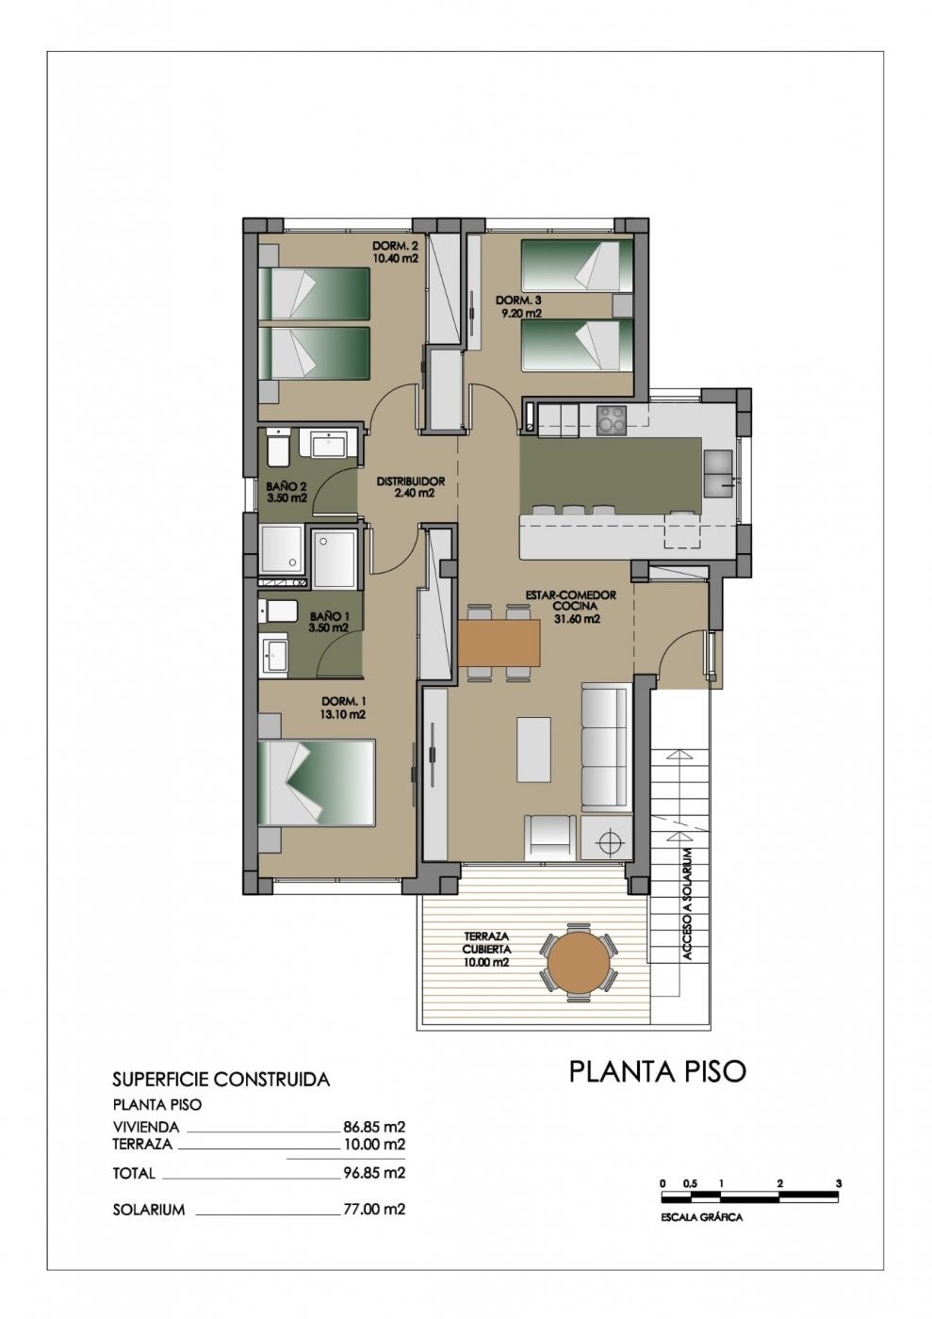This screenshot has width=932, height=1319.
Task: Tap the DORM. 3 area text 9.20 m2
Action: pyautogui.click(x=519, y=313)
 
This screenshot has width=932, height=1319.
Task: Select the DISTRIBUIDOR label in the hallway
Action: pyautogui.click(x=410, y=481)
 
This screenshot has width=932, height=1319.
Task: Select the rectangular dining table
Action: pyautogui.click(x=499, y=642)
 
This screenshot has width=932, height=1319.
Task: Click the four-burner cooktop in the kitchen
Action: pyautogui.click(x=611, y=419)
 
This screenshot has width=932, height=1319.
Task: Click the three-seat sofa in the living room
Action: pyautogui.click(x=604, y=747)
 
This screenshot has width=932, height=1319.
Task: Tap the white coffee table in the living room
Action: pyautogui.click(x=533, y=749)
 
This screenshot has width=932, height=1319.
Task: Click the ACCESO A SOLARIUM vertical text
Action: pyautogui.click(x=688, y=904)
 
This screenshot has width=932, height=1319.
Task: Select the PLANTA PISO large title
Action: pyautogui.click(x=657, y=1071)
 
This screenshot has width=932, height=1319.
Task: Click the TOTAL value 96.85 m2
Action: pyautogui.click(x=374, y=1173)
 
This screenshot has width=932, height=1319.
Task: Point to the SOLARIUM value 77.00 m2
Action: pyautogui.click(x=374, y=1209)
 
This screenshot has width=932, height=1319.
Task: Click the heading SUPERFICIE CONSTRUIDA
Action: pyautogui.click(x=221, y=1080)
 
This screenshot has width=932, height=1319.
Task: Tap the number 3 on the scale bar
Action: pyautogui.click(x=838, y=1183)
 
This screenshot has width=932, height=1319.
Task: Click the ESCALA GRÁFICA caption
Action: pyautogui.click(x=701, y=1217)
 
